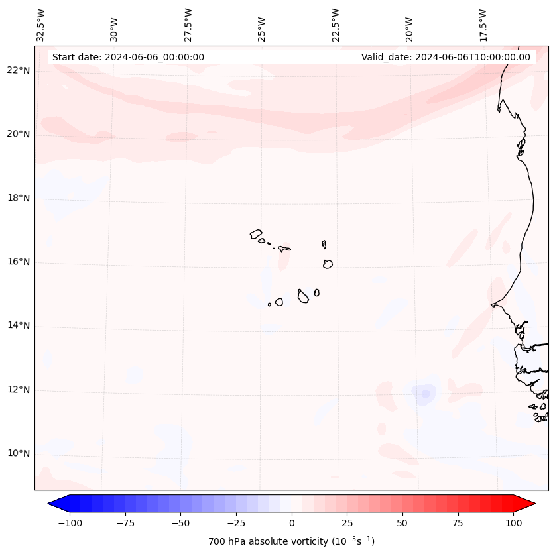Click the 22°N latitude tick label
[x=19, y=70]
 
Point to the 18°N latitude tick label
[x=19, y=198]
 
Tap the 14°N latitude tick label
[x=19, y=326]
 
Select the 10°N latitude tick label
[x=19, y=454]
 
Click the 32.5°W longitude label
[x=41, y=25]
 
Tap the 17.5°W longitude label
[x=483, y=25]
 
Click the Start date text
[x=128, y=57]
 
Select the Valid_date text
[x=446, y=57]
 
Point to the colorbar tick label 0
[x=292, y=523]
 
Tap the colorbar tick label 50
[x=402, y=523]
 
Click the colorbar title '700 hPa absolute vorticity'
[x=292, y=541]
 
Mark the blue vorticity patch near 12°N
[x=424, y=394]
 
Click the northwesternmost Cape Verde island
[x=256, y=233]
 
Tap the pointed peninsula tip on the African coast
[x=492, y=305]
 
